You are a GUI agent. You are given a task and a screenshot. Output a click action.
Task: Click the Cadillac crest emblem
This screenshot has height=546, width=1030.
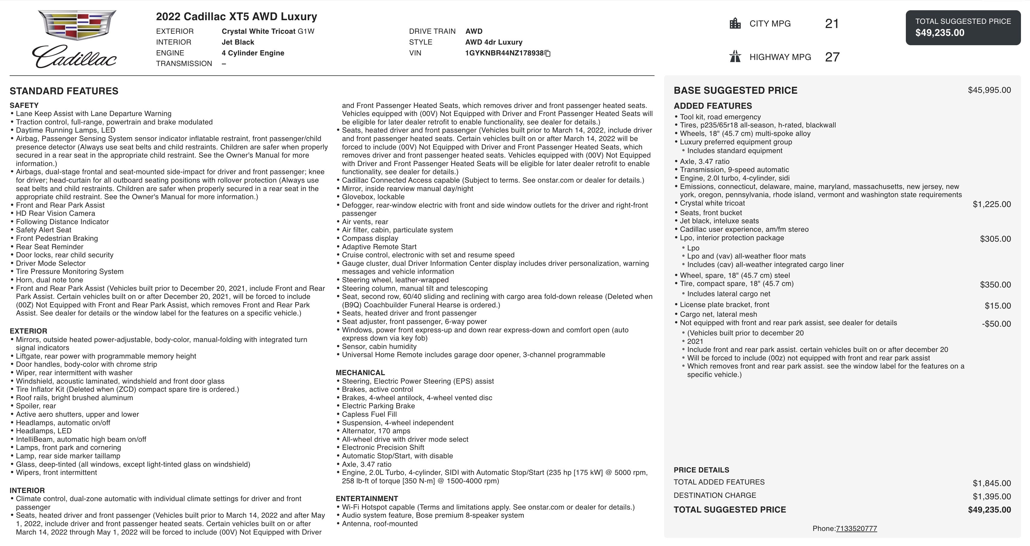[77, 25]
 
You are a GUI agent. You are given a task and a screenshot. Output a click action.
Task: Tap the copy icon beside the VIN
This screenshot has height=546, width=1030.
[548, 54]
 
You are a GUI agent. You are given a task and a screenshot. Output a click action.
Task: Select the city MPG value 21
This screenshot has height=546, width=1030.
[832, 24]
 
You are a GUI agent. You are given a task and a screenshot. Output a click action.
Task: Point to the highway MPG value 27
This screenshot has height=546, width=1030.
[832, 57]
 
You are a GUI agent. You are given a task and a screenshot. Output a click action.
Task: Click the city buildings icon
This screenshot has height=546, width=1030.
[735, 24]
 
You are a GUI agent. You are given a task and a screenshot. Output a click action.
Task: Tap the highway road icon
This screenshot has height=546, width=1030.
[735, 57]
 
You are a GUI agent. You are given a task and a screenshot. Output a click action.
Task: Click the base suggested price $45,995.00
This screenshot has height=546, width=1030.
[989, 90]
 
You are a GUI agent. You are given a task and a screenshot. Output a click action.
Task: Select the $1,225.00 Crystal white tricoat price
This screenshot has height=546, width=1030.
[992, 204]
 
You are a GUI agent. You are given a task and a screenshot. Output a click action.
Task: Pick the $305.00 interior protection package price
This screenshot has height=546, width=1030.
[995, 239]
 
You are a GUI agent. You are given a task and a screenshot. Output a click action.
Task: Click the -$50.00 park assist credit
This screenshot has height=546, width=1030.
[996, 324]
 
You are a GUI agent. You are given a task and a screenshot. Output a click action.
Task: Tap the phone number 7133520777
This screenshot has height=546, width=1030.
[856, 529]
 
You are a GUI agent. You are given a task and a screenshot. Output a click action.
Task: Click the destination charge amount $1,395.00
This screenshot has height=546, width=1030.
[992, 497]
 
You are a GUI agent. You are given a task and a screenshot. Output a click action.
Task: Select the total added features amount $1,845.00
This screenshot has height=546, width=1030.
[992, 483]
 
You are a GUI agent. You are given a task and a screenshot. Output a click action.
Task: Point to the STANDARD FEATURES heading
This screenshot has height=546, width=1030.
[64, 91]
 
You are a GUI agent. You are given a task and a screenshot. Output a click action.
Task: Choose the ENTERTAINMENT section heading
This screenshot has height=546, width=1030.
[367, 498]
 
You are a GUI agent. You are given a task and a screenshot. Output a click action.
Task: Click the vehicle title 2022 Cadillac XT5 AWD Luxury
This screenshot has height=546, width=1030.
[236, 17]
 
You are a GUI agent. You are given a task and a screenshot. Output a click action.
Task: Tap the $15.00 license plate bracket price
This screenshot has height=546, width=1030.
[998, 306]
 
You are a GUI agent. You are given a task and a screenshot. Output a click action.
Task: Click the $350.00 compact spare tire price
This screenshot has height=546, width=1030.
[995, 284]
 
